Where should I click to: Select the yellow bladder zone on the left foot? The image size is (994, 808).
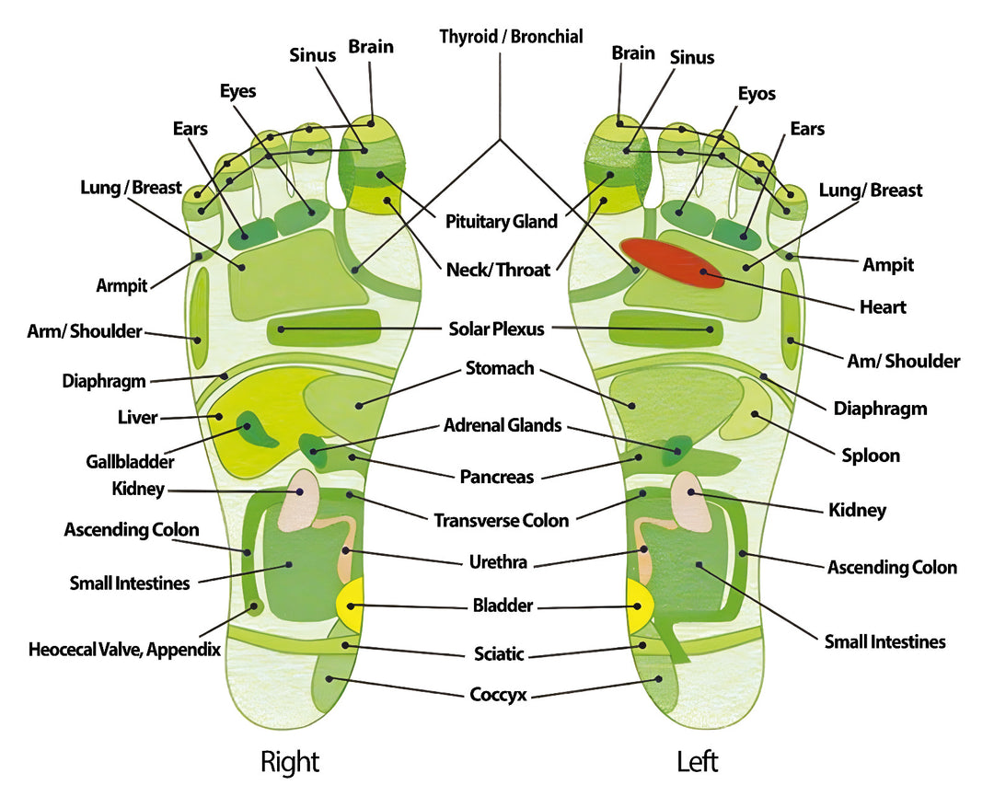pos(639,604)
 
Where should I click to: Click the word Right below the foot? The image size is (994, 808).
pos(290,762)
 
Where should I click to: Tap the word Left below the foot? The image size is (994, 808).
pos(697,762)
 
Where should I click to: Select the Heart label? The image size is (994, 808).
pos(883,307)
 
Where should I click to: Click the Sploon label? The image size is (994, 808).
pos(871,456)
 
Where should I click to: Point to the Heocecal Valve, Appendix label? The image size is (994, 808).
pos(124,650)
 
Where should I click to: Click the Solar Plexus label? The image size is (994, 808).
pos(497,329)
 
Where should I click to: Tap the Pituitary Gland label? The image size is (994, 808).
pos(502,222)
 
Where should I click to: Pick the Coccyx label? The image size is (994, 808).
pos(498,695)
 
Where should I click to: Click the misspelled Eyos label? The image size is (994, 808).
pos(757,94)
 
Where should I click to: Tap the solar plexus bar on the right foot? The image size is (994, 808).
pos(324,328)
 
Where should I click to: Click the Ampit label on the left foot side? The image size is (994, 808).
pos(888,265)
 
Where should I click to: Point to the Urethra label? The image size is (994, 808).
pos(497,560)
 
